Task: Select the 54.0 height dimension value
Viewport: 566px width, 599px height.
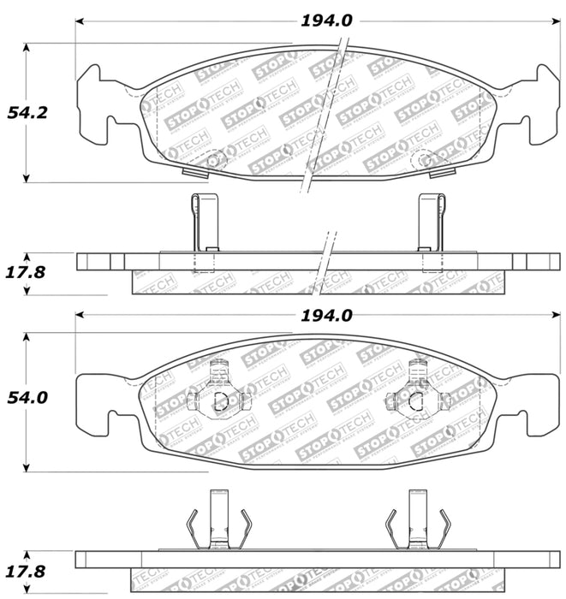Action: pyautogui.click(x=25, y=398)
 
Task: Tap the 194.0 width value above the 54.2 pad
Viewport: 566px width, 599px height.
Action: pyautogui.click(x=326, y=21)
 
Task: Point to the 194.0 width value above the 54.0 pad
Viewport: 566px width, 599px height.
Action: pyautogui.click(x=326, y=316)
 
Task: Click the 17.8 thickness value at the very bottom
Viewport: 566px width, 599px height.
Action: pyautogui.click(x=25, y=571)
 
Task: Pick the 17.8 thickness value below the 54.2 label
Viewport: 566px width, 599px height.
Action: pyautogui.click(x=25, y=271)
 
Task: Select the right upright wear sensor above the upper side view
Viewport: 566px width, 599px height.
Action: pyautogui.click(x=431, y=222)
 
